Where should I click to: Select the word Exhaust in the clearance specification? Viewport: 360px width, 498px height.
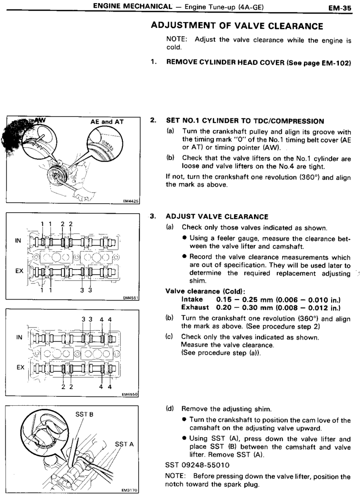(195, 307)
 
